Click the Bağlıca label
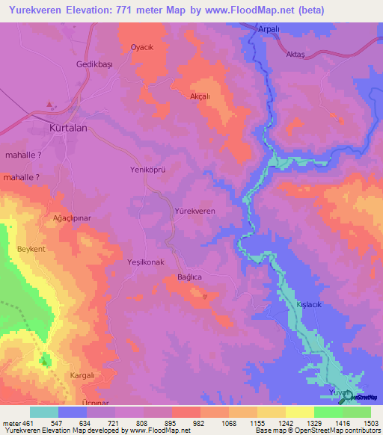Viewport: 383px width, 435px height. click(190, 277)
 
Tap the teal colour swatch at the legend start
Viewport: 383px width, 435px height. click(43, 412)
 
